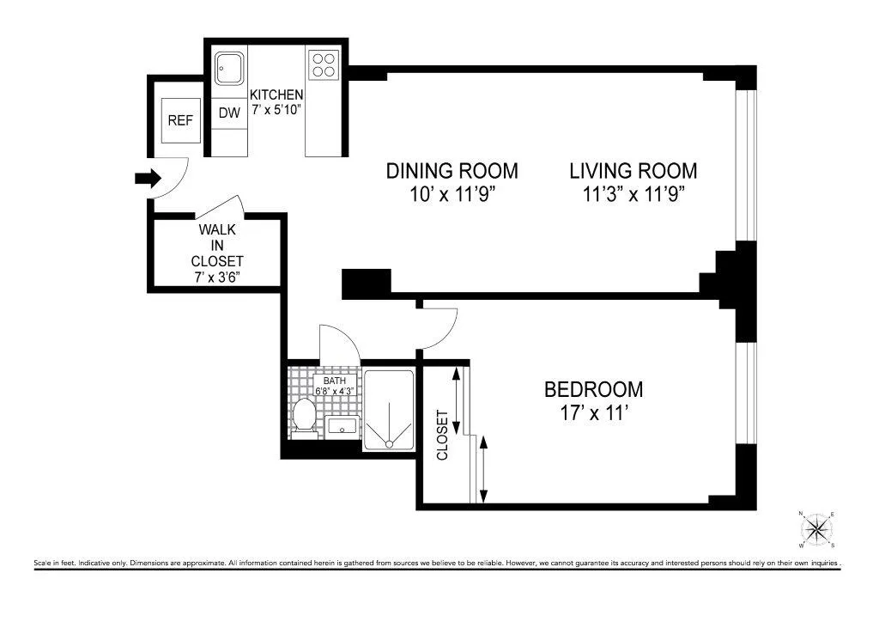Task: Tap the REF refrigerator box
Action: click(180, 121)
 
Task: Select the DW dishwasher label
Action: click(228, 113)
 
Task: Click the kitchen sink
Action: click(228, 68)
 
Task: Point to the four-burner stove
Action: click(324, 65)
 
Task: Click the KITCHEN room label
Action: click(276, 95)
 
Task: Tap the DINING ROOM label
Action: click(452, 170)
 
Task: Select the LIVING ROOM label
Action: click(633, 170)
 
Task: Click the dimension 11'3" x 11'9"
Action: click(633, 193)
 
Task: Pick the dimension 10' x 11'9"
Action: click(452, 193)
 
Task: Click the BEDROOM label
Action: click(593, 389)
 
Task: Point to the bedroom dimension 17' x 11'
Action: click(593, 412)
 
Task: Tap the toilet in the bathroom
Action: click(303, 416)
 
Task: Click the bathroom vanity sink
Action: click(342, 426)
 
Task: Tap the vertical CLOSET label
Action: click(443, 435)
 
